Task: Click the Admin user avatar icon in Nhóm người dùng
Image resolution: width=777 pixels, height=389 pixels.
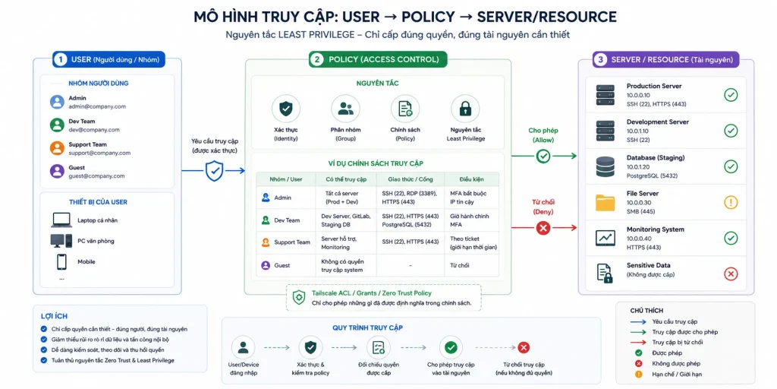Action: click(x=57, y=103)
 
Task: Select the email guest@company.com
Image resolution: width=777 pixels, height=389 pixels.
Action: click(x=96, y=176)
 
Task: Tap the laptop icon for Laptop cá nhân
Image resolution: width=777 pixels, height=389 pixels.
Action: click(x=61, y=220)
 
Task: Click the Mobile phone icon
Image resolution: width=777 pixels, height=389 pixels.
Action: click(x=61, y=261)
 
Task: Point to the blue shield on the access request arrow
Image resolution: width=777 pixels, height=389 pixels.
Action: click(x=214, y=171)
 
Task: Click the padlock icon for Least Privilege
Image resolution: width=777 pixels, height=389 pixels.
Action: click(x=465, y=109)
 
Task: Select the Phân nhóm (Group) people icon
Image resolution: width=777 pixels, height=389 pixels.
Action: click(x=345, y=109)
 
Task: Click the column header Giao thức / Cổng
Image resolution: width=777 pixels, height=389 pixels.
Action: click(x=411, y=179)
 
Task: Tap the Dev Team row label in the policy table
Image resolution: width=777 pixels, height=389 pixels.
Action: click(x=287, y=220)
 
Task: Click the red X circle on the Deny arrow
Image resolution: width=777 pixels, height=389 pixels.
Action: click(x=543, y=228)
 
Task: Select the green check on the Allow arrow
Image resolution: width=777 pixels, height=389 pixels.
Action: click(x=543, y=157)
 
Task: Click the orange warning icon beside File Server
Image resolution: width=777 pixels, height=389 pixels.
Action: click(x=731, y=202)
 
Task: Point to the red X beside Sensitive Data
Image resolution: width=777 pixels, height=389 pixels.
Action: click(x=731, y=274)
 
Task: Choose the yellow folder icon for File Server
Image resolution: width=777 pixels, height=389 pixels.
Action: click(x=605, y=202)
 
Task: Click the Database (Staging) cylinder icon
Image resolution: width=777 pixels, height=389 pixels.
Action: click(x=605, y=166)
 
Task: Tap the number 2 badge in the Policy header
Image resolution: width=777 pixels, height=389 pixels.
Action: click(x=316, y=59)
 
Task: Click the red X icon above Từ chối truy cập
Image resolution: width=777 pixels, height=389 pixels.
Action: click(x=524, y=347)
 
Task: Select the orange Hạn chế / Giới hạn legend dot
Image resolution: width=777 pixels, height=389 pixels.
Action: click(x=639, y=374)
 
